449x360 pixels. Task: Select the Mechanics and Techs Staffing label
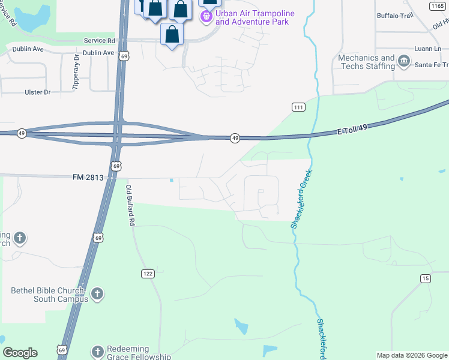(366, 62)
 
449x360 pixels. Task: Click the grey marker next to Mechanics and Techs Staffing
(404, 61)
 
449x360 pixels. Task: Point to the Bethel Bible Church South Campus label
(49, 295)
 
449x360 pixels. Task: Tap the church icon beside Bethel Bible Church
(97, 294)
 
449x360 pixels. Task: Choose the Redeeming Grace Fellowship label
(139, 353)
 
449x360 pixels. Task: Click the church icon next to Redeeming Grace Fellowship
(98, 352)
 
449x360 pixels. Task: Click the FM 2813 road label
(88, 177)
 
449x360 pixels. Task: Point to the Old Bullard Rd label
(130, 205)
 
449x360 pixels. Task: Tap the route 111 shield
(298, 107)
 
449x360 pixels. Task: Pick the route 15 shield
(426, 278)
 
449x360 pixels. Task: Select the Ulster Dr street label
(38, 92)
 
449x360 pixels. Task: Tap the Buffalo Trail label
(396, 16)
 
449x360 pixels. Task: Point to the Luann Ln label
(427, 48)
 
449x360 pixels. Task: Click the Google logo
(20, 353)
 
